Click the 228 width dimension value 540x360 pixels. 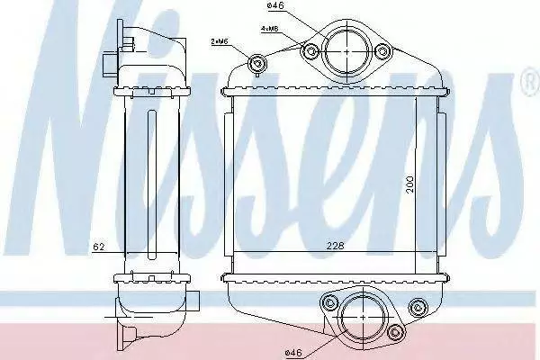[336, 246]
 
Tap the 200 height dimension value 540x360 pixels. [409, 184]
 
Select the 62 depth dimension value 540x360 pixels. [99, 247]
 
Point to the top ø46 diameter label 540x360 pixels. [275, 5]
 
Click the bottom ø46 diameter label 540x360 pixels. [293, 353]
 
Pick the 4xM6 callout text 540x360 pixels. [270, 29]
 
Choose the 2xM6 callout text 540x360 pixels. [220, 41]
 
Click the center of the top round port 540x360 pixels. [346, 51]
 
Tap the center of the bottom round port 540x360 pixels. [364, 317]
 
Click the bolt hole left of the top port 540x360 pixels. [311, 52]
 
